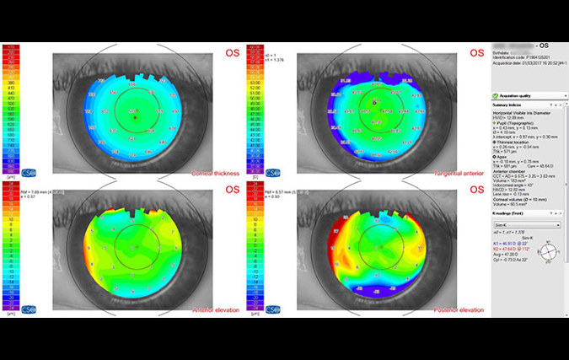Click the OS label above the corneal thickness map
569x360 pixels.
click(x=232, y=54)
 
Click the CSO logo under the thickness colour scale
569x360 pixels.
click(x=29, y=171)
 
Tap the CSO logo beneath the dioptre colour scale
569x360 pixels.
click(x=271, y=171)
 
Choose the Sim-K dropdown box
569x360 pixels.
click(x=528, y=225)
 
